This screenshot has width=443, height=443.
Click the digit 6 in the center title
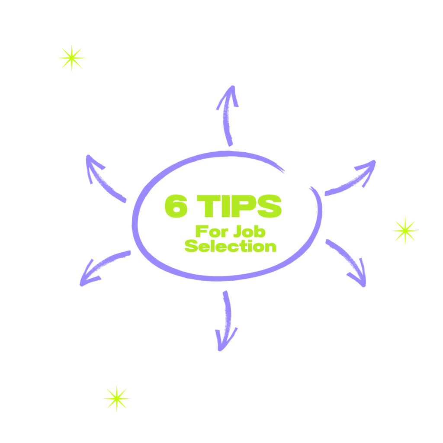pyautogui.click(x=177, y=206)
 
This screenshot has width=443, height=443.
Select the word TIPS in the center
pyautogui.click(x=239, y=206)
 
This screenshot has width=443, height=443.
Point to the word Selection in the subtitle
pyautogui.click(x=231, y=247)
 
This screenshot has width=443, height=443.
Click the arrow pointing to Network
pyautogui.click(x=226, y=322)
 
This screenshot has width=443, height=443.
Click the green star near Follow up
pyautogui.click(x=71, y=58)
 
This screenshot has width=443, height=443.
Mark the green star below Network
pyautogui.click(x=116, y=398)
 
